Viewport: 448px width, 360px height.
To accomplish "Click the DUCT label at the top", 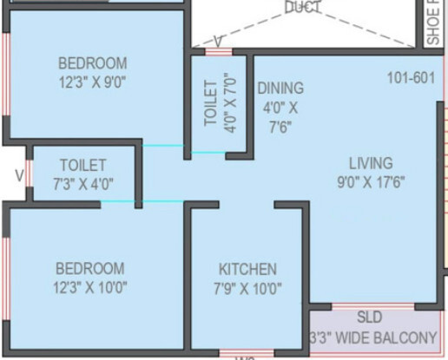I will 303,8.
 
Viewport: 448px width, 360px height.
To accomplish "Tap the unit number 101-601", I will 411,78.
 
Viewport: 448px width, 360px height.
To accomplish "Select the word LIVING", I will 371,163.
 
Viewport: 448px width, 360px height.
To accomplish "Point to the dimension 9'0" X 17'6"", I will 371,182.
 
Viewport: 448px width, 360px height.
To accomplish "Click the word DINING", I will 280,88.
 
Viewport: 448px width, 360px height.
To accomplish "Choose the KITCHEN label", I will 247,269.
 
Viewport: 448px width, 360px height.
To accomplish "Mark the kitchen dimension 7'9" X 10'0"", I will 249,289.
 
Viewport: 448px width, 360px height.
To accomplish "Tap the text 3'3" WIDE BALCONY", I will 372,337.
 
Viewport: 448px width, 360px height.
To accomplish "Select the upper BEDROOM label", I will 92,63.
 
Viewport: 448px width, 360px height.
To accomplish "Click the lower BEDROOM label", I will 89,269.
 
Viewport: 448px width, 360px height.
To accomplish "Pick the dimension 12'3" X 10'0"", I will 90,289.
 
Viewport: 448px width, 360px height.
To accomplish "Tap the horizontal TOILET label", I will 83,165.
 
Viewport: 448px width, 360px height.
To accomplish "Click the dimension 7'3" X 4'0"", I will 83,184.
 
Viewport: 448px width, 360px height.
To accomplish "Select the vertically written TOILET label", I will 211,104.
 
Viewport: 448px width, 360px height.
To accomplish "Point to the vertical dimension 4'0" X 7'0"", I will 230,104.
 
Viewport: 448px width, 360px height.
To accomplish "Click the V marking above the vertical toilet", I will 218,41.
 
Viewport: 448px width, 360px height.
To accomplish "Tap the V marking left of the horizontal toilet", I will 18,175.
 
